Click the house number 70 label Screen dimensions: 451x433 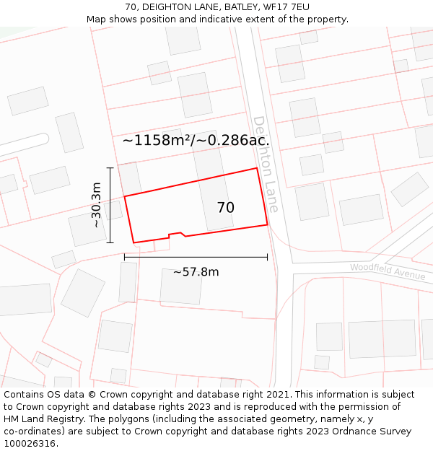(225, 208)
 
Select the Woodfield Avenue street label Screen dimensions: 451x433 (388, 271)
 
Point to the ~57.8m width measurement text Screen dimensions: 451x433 (196, 272)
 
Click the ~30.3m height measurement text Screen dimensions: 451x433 (96, 205)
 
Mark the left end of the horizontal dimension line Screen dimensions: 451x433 (125, 256)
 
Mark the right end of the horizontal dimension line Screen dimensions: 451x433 (267, 256)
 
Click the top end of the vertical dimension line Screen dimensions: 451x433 (110, 168)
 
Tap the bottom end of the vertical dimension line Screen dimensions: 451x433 (110, 242)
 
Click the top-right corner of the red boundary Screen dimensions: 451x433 (257, 168)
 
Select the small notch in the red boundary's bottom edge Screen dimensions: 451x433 (175, 233)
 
